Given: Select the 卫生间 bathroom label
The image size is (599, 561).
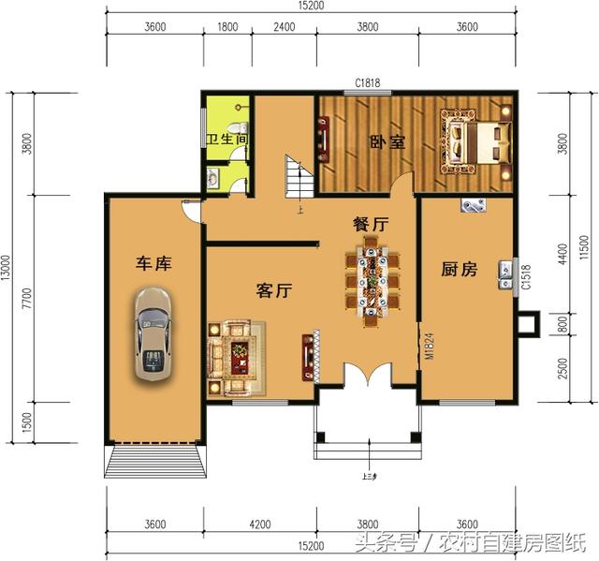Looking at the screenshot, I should point(227,140).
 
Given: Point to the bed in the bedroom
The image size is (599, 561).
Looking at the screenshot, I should point(477,143).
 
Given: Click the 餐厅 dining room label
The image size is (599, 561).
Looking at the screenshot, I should point(370,224).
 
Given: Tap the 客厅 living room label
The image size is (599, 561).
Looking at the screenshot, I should point(274,291).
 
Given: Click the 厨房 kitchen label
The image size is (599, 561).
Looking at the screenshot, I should point(459,270).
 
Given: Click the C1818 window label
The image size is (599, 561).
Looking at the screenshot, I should point(367,83).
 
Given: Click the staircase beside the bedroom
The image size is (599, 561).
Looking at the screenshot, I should point(298,176).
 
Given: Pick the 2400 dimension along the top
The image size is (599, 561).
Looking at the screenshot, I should point(284,27).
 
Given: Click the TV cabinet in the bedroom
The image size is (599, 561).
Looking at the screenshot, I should point(325,138).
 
